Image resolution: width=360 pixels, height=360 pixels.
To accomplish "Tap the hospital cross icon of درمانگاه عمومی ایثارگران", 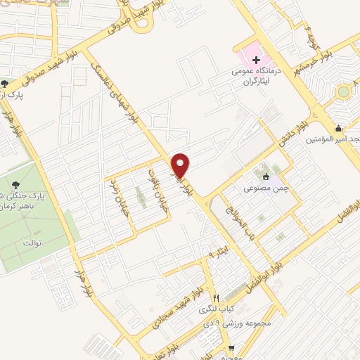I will [x=256, y=60].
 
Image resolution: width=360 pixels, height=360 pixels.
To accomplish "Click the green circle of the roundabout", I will [x=344, y=91].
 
